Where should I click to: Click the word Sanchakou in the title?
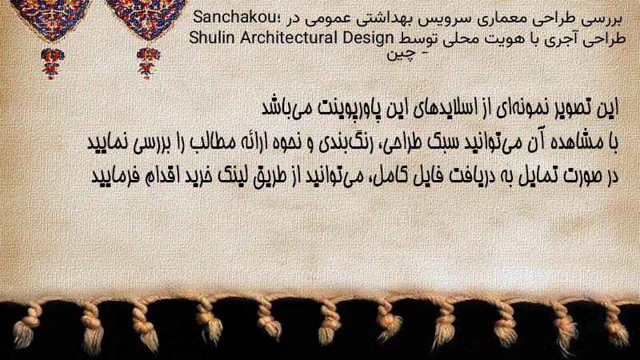234,18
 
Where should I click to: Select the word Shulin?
212,38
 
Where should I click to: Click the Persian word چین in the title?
402,54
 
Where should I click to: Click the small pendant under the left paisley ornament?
52,63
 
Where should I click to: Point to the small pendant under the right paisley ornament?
148,63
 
